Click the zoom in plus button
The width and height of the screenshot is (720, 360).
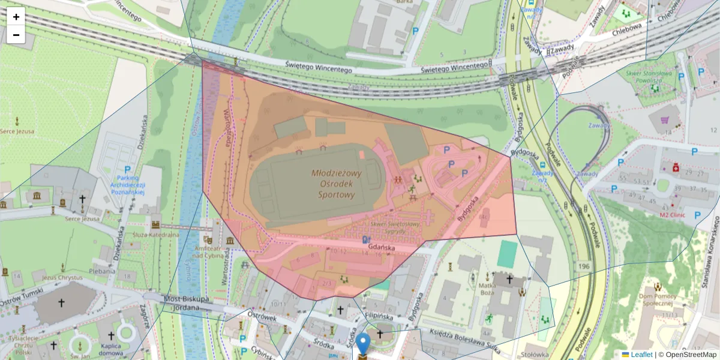point(16,17)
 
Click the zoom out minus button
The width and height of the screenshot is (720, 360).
point(16,35)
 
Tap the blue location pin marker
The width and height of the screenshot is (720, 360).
point(363,344)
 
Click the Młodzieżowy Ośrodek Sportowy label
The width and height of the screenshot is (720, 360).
point(337,184)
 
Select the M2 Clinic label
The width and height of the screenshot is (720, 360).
point(673,214)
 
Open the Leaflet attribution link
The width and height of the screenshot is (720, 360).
point(641,355)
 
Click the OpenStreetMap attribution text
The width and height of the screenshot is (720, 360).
point(691,355)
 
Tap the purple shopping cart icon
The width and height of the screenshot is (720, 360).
point(665,120)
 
